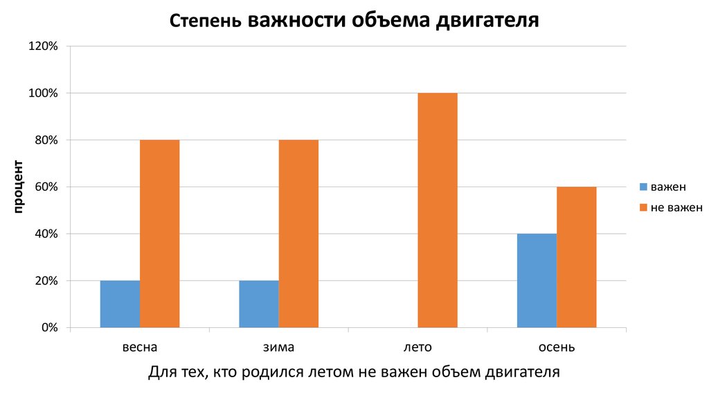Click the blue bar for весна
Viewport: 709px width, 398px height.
(120, 304)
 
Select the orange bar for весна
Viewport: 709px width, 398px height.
(160, 234)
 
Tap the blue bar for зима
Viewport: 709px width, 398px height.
(259, 304)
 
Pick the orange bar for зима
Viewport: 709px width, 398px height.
(299, 234)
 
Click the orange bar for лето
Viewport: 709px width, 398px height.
(438, 210)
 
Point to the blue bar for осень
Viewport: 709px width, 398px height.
(537, 280)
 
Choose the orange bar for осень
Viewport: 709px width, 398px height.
(577, 257)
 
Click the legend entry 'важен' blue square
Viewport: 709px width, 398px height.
(643, 187)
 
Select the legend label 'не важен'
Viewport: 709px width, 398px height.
(676, 207)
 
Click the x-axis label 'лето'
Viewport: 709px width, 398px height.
(418, 347)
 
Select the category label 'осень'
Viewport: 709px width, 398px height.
(557, 347)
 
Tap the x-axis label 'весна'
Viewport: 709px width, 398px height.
(140, 347)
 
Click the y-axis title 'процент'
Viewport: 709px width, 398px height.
(18, 187)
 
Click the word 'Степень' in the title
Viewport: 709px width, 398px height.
(204, 21)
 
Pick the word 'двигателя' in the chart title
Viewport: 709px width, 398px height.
(487, 21)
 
